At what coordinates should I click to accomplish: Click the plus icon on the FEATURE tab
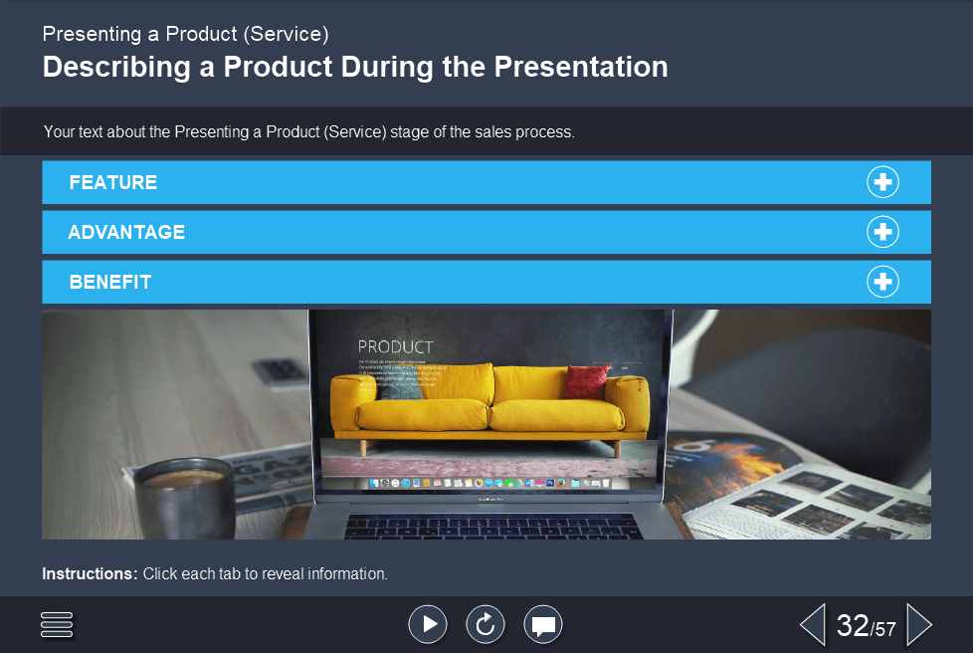882,182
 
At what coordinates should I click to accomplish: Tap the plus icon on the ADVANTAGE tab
882,232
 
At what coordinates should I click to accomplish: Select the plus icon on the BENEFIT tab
882,282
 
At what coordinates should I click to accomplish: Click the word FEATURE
113,182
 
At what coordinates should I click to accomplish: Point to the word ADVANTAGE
126,232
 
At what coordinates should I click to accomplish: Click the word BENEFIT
110,282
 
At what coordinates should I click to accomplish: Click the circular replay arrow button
486,624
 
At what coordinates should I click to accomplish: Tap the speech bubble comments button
543,624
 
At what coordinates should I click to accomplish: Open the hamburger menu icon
58,624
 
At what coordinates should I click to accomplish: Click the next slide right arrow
918,624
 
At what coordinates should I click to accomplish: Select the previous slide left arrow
813,624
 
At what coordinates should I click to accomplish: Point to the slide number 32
853,625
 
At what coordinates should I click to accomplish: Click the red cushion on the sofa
587,381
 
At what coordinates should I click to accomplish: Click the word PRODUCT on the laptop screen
395,346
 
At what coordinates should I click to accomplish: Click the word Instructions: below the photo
90,573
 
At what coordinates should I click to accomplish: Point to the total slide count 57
885,629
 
